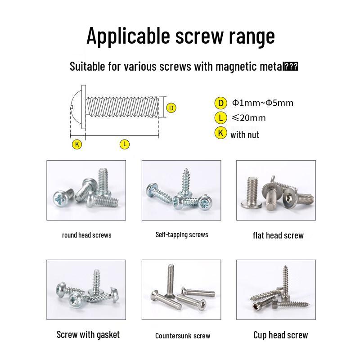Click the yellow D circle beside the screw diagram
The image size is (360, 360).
tap(171, 108)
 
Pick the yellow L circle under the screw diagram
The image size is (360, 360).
tap(125, 144)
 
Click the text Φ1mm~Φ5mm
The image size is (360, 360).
tap(262, 103)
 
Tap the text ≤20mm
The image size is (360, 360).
tap(248, 118)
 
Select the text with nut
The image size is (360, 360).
tap(244, 135)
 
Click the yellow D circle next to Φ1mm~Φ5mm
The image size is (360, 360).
tap(220, 103)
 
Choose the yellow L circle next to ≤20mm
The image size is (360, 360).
tap(220, 118)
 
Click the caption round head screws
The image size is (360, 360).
tap(86, 235)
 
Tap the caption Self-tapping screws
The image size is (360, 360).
tap(182, 234)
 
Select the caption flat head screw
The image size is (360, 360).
tap(278, 235)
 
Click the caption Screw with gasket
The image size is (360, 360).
tap(88, 334)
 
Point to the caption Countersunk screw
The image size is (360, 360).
tap(182, 336)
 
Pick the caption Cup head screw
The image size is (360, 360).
tap(280, 335)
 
